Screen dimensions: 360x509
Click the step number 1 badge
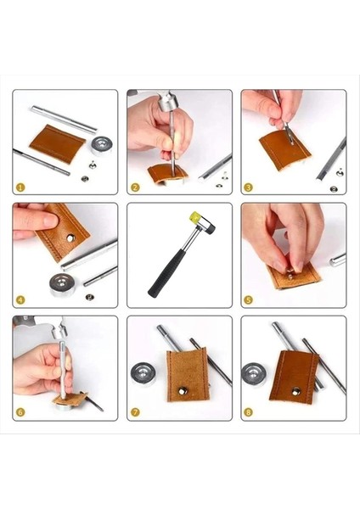20,187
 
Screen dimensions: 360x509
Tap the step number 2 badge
135,187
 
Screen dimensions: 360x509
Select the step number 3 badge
248,187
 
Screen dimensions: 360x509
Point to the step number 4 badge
20,299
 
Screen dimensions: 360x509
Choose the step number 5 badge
248,299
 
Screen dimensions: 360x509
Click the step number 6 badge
20,412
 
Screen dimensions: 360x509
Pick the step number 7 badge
135,412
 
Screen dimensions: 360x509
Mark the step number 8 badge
248,412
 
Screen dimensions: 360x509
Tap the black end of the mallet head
211,228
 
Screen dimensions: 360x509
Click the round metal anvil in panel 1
101,145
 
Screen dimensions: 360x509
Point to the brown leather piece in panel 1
57,143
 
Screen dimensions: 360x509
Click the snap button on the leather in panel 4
70,238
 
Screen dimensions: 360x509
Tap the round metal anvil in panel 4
62,284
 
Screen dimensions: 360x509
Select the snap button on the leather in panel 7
182,390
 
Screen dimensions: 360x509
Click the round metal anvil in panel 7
143,374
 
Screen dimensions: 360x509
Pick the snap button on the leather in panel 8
295,391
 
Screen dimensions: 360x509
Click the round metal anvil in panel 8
254,374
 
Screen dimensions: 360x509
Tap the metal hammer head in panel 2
168,102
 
